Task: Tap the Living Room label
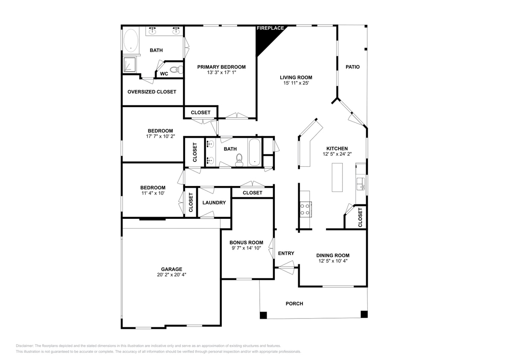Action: tap(296, 78)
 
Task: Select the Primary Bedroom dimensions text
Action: tap(221, 73)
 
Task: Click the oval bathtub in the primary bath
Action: tap(131, 41)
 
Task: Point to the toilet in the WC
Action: tap(175, 70)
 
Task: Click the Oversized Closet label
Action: tap(151, 92)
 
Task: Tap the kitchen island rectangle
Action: tap(337, 177)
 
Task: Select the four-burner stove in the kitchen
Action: tap(305, 209)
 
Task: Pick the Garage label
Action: tap(172, 269)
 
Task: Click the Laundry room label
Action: tap(214, 203)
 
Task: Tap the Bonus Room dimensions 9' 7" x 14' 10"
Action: tap(246, 248)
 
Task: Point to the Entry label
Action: tap(286, 253)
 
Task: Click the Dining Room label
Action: tap(333, 255)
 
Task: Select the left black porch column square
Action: tap(263, 315)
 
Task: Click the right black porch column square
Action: tap(364, 314)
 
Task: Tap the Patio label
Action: tap(352, 67)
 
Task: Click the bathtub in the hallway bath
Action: tap(254, 151)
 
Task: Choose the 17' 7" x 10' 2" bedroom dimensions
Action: tap(160, 136)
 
